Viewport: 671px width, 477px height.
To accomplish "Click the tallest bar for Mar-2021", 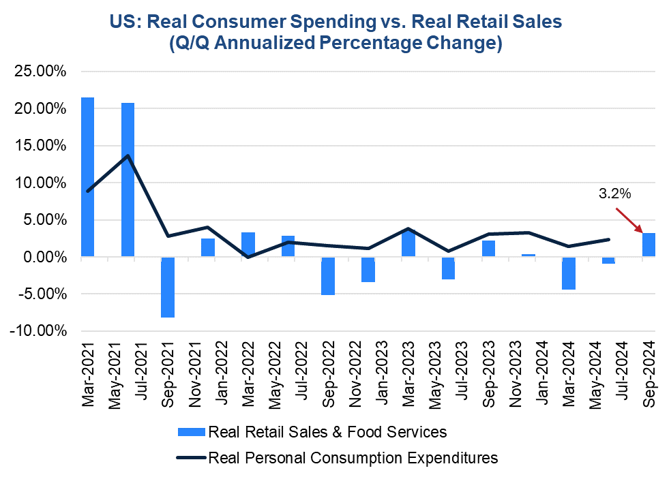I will [x=88, y=177].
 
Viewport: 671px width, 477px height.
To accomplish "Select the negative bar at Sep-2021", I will [x=168, y=287].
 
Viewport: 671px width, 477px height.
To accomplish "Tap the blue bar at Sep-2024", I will [x=648, y=245].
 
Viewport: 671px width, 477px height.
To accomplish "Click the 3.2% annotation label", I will [x=614, y=194].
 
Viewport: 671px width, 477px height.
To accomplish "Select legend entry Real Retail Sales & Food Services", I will [x=327, y=431].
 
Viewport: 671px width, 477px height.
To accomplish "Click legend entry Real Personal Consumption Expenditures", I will [x=353, y=457].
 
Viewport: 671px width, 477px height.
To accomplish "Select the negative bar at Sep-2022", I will [x=328, y=276].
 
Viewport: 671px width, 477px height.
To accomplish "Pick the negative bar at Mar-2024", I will [x=568, y=273].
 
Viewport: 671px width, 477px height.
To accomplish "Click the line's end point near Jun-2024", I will [x=608, y=239].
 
